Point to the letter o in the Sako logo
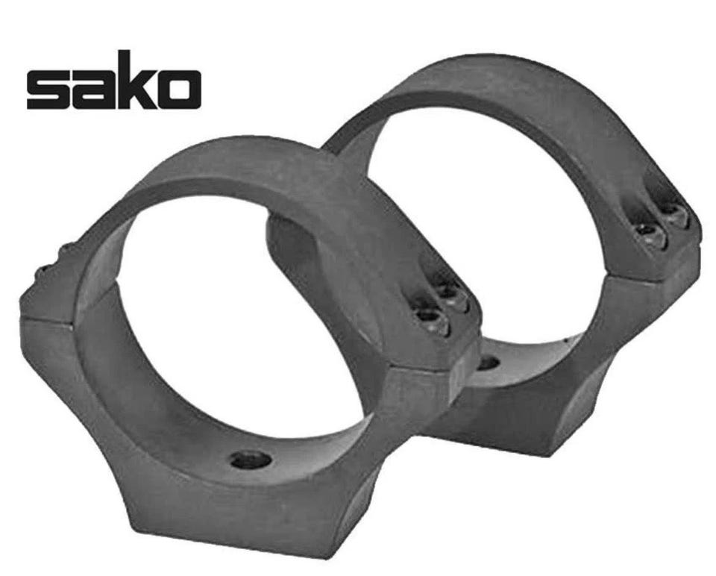click(178, 90)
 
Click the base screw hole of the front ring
click(251, 459)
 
